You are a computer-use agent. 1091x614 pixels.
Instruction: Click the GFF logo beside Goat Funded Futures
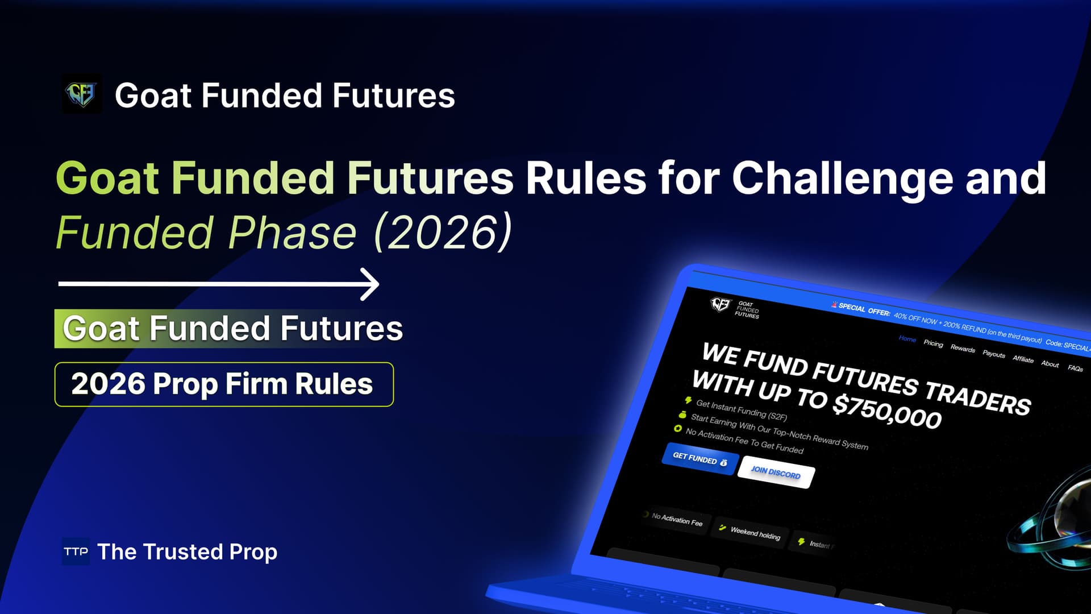pyautogui.click(x=82, y=94)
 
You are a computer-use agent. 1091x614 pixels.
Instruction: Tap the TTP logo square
pyautogui.click(x=76, y=551)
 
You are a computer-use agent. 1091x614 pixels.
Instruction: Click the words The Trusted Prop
pyautogui.click(x=187, y=551)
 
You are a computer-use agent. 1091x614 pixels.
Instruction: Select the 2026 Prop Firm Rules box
pyautogui.click(x=224, y=384)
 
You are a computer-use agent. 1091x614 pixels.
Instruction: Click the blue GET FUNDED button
pyautogui.click(x=699, y=459)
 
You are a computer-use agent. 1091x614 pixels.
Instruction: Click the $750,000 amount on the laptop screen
pyautogui.click(x=886, y=410)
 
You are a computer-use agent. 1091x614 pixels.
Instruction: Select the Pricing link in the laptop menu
pyautogui.click(x=933, y=343)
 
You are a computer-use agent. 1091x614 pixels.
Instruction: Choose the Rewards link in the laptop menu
pyautogui.click(x=963, y=349)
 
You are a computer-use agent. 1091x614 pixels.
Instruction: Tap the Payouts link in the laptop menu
pyautogui.click(x=994, y=354)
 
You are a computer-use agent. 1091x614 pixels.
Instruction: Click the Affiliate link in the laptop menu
pyautogui.click(x=1023, y=359)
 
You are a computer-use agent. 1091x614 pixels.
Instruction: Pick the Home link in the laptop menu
pyautogui.click(x=907, y=339)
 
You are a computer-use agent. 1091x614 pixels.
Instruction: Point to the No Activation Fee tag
pyautogui.click(x=676, y=520)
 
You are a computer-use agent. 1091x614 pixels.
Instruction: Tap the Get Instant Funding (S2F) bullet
pyautogui.click(x=741, y=410)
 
